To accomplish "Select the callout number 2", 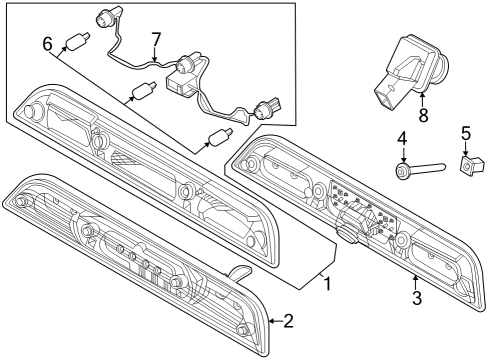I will (288, 321).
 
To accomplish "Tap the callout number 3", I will (417, 297).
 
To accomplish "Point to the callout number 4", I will (402, 137).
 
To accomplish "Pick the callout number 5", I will (465, 132).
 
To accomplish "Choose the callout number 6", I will (46, 44).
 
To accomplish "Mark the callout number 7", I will (155, 40).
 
